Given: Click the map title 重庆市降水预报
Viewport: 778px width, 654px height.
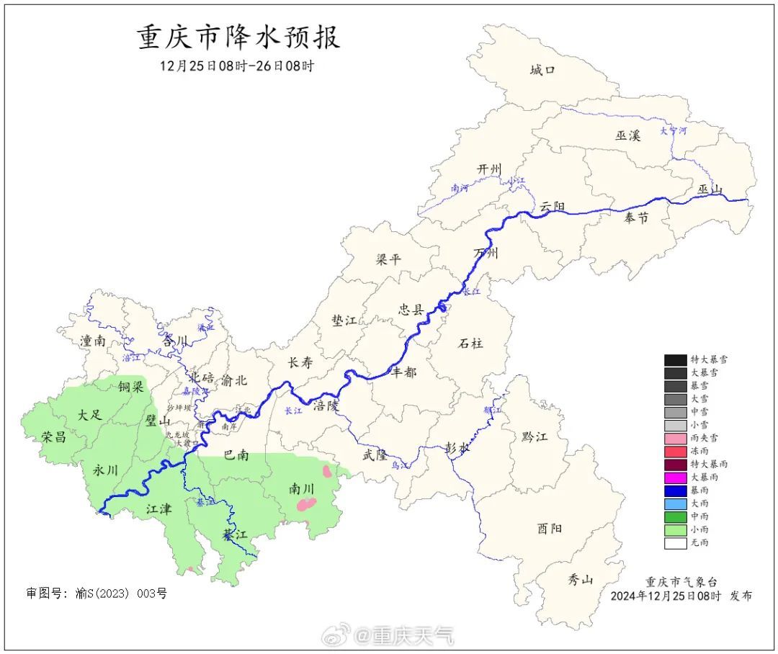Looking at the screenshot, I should click(238, 37).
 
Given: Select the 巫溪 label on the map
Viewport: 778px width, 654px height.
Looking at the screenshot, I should click(627, 135).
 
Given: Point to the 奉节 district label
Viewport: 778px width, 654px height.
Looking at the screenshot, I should click(636, 218).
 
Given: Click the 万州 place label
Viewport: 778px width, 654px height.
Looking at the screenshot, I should click(486, 254).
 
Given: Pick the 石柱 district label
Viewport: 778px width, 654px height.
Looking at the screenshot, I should click(471, 343).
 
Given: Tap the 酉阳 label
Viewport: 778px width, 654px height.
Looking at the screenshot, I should click(550, 528).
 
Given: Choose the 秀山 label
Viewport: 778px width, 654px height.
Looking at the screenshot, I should click(580, 578).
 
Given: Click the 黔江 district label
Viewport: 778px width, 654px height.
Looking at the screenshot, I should click(535, 437).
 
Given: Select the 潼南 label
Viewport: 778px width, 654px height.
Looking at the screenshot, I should click(93, 341).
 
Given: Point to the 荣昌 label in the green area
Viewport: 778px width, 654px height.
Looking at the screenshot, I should click(54, 437).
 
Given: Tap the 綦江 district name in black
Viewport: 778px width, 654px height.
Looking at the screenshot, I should click(235, 534).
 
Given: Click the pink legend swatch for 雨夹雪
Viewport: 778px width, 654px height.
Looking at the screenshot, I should click(675, 438).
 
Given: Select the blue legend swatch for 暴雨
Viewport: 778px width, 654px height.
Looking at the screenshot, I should click(675, 491).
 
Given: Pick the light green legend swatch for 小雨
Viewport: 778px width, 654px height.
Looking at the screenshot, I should click(675, 529).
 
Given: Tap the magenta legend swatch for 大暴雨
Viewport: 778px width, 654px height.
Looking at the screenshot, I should click(675, 478).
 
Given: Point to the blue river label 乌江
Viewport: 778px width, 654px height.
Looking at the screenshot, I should click(399, 466).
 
